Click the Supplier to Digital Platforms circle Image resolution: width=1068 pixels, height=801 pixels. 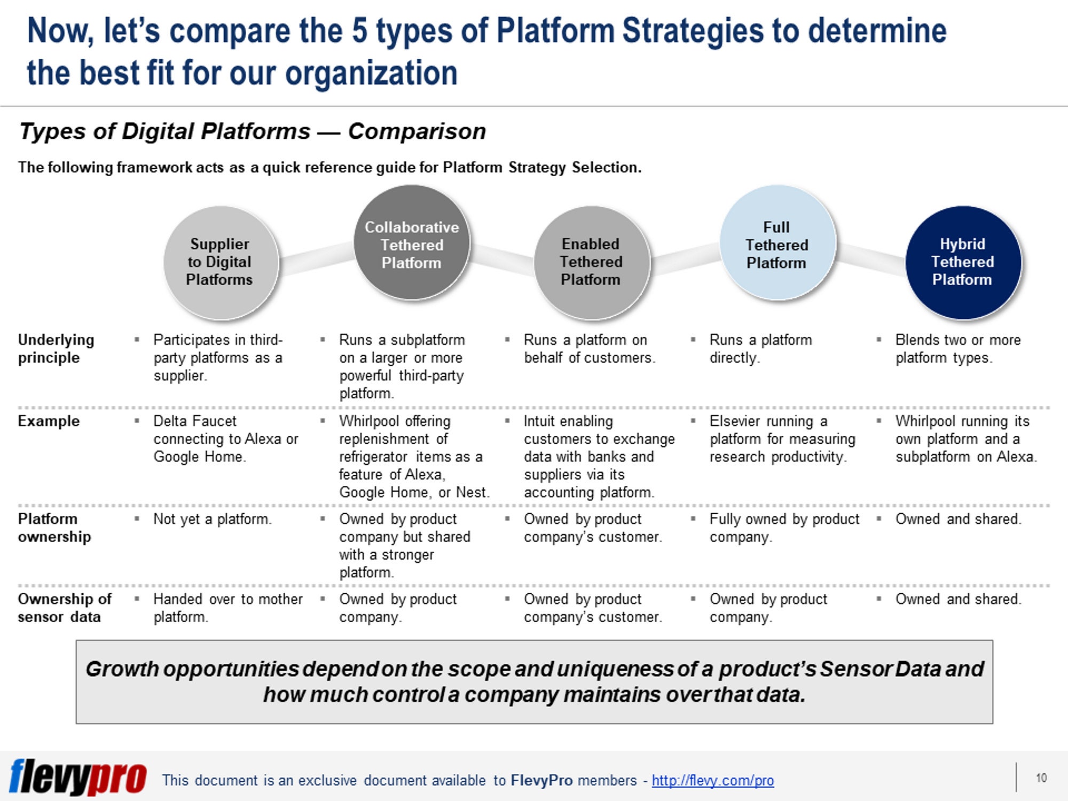(x=220, y=262)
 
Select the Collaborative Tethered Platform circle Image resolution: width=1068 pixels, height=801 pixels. (x=412, y=244)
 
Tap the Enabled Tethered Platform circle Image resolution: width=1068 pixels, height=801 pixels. (x=591, y=262)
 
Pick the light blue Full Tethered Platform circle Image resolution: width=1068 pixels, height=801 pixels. (x=777, y=244)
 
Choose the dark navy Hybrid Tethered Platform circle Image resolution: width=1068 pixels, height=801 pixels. (x=963, y=262)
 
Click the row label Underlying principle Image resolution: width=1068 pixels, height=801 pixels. (x=56, y=349)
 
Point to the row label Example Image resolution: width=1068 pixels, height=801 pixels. (x=49, y=421)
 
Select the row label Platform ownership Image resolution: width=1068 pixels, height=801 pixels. (x=54, y=528)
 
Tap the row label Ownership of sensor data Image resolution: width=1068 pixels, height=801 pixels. (x=64, y=608)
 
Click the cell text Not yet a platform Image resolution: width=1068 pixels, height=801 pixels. (x=213, y=519)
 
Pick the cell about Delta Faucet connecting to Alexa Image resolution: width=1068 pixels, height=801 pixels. (x=224, y=439)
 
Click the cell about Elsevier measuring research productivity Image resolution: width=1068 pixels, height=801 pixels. (x=781, y=439)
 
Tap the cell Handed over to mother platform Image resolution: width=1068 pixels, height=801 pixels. (x=227, y=608)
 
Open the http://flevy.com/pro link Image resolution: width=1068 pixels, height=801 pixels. (x=712, y=781)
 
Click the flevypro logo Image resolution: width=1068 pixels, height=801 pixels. (x=77, y=778)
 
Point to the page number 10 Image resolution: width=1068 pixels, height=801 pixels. (x=1041, y=778)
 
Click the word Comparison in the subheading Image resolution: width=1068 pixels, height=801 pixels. (x=417, y=131)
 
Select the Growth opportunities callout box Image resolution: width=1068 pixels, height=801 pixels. (x=534, y=682)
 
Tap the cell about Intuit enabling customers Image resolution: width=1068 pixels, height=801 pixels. (x=598, y=457)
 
